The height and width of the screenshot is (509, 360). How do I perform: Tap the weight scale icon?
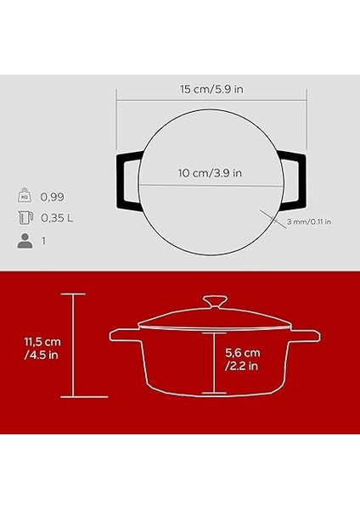click(25, 196)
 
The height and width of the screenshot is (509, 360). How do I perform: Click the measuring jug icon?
click(25, 218)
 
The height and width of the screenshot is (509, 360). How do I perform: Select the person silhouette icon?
click(25, 241)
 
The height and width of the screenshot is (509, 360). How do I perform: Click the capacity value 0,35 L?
click(58, 218)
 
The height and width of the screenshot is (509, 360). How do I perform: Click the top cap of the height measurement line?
click(74, 294)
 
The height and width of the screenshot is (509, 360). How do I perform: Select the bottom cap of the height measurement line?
click(74, 397)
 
